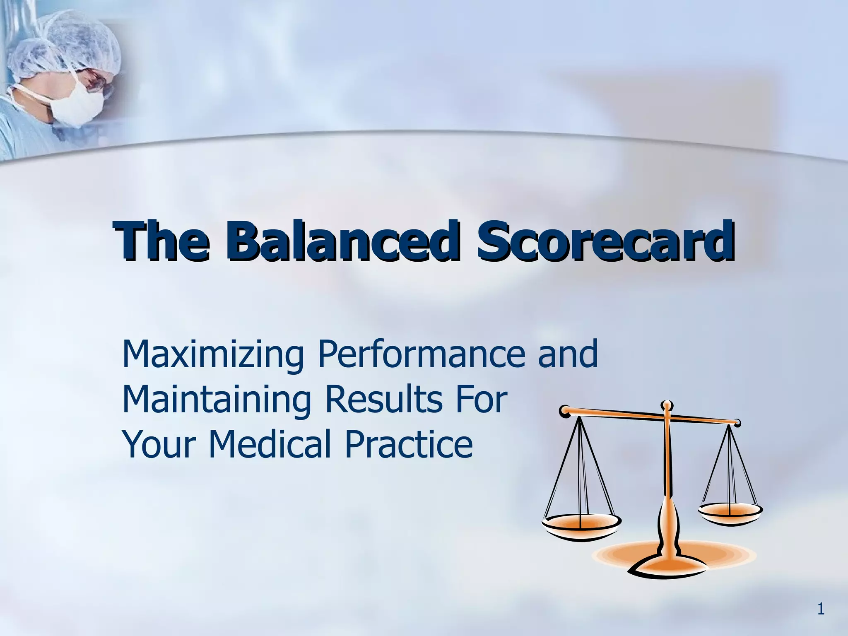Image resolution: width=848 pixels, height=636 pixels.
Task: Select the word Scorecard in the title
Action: pyautogui.click(x=605, y=242)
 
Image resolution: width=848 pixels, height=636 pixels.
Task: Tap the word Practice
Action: pyautogui.click(x=408, y=444)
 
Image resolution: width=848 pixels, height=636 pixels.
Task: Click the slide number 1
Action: pyautogui.click(x=821, y=609)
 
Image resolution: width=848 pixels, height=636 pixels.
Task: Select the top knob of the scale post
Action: pyautogui.click(x=666, y=405)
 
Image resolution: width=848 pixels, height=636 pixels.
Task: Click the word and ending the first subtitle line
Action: pyautogui.click(x=568, y=354)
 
